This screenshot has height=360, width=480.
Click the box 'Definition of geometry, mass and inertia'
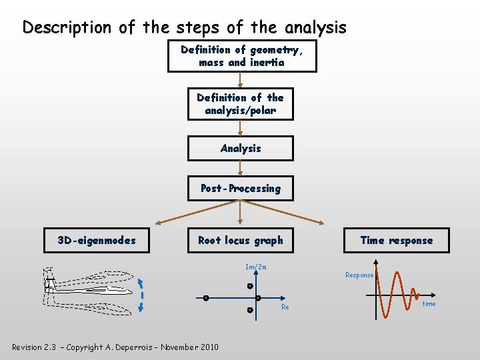241,56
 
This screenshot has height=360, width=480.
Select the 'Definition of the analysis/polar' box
240,104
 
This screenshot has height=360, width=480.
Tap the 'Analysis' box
240,148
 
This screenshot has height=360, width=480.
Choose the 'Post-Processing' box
240,189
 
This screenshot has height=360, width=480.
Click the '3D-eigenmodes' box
97,241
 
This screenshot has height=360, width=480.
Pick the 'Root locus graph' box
240,241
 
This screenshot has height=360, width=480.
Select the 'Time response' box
396,241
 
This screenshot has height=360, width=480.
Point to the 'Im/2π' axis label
256,267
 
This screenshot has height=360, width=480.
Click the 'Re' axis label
285,307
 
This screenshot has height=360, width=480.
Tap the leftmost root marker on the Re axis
206,298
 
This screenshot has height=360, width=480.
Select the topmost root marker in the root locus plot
249,286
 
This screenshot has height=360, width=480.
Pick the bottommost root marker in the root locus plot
249,310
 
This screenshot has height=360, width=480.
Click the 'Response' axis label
359,275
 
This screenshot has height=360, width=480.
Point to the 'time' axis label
429,304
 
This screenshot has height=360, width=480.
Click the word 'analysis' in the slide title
315,27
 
